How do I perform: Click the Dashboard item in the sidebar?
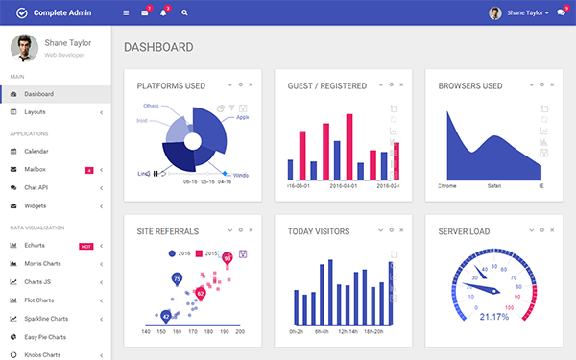coord(38,94)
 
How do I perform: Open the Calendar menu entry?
coord(36,151)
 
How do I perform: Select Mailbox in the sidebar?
coord(36,169)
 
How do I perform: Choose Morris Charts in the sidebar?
coord(42,264)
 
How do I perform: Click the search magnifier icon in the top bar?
coord(184,13)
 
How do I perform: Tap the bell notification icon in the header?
coord(163,13)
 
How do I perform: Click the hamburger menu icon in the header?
coord(126,13)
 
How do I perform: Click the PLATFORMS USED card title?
coord(171,85)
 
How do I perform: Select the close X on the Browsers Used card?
coord(552,84)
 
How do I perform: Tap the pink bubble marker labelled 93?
coord(228,257)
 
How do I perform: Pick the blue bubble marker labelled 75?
coord(177,278)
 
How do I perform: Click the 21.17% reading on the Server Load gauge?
coord(493,316)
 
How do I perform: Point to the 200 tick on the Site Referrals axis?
coord(240,331)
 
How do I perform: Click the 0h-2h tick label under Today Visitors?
coord(297,331)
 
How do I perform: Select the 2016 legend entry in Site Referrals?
coord(180,253)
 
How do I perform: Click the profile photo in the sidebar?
coord(25,48)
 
